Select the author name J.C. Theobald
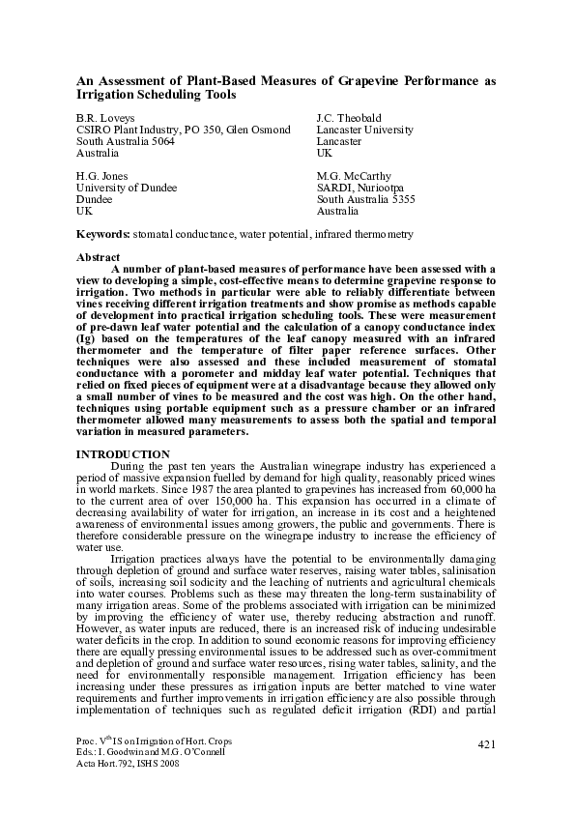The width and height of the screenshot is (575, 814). [350, 118]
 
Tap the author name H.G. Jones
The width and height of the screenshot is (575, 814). [101, 176]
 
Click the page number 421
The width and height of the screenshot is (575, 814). [487, 742]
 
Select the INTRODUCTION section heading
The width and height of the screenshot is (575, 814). [123, 454]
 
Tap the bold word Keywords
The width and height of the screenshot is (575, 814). [102, 234]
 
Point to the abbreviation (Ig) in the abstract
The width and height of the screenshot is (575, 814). [87, 340]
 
